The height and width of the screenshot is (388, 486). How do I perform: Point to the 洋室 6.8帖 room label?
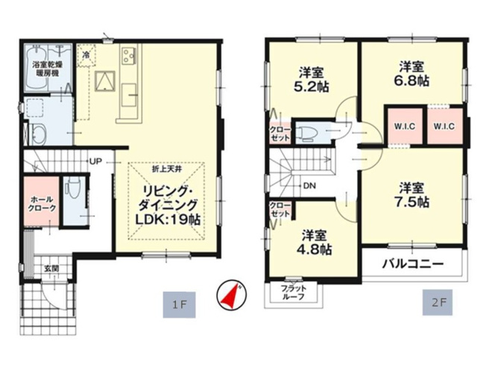point(412,72)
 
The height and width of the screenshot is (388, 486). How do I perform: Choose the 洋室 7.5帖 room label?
point(411,194)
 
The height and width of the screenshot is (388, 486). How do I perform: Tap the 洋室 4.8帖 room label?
point(315,242)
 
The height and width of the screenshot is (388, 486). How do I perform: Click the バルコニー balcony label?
point(414,263)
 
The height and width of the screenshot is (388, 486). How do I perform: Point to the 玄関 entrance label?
point(51,268)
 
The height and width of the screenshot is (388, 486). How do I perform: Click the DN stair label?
point(308,186)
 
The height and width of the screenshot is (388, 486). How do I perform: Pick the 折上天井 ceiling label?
point(167,171)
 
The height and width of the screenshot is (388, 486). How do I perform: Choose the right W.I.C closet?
point(445,125)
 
